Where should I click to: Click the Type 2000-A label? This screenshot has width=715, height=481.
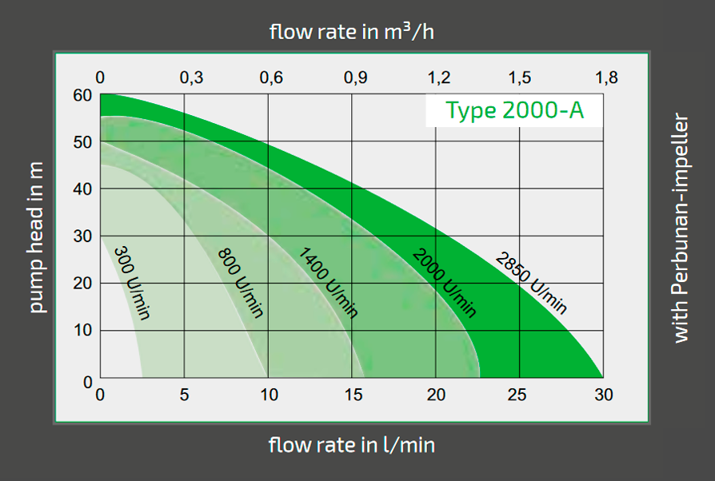coord(514,110)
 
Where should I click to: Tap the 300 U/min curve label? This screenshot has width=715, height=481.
coord(132,283)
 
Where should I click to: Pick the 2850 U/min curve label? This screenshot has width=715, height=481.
coord(531,283)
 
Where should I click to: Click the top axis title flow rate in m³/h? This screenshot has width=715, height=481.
coord(352,32)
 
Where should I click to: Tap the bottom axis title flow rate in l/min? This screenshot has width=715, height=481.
coord(352,445)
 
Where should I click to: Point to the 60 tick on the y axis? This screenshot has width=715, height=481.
coord(84,96)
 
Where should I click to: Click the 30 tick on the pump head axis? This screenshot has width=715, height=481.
coord(84,237)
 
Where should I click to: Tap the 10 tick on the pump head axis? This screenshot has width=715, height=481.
coord(84,330)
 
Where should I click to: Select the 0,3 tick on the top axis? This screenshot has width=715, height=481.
coord(191,78)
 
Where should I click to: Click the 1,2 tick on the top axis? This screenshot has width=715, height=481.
coord(439,78)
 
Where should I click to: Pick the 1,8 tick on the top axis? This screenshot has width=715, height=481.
coord(606,78)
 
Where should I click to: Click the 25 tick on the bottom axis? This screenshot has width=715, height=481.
coord(519,395)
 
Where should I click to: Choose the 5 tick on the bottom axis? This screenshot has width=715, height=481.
coord(185,395)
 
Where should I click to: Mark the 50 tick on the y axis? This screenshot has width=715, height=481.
coord(84,143)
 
